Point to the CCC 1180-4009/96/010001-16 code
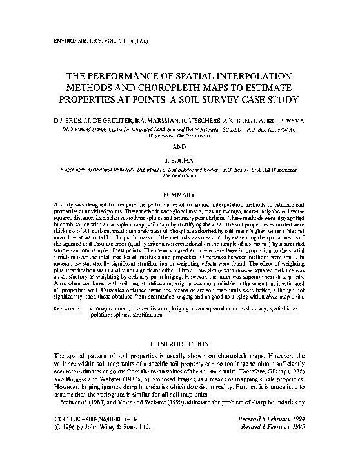click(83, 435)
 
